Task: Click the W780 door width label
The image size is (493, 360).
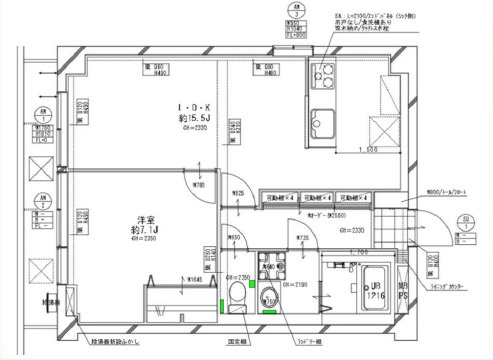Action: tap(201, 186)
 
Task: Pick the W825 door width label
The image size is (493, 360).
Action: tap(238, 192)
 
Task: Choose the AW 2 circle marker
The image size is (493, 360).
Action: tap(42, 198)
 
